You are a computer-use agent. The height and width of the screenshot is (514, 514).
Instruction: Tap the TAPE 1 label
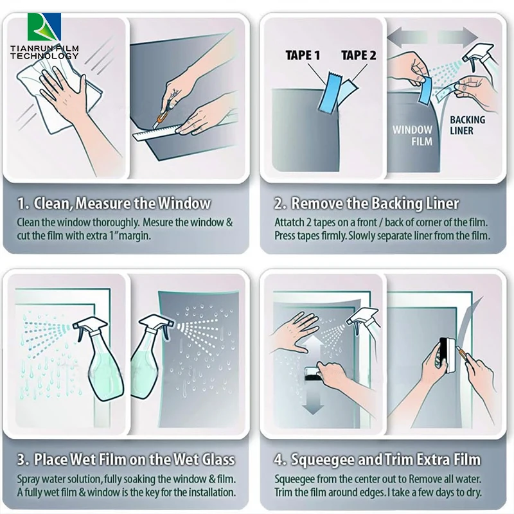[303, 55]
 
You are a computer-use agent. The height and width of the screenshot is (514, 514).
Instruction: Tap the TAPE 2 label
[359, 55]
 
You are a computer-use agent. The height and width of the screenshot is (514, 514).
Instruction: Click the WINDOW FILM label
[412, 135]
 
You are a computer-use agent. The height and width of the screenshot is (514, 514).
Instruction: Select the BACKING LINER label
[467, 125]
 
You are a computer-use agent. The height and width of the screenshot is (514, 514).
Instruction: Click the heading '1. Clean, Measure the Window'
[114, 204]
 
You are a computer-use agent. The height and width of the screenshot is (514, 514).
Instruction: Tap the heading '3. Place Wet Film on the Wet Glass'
[125, 459]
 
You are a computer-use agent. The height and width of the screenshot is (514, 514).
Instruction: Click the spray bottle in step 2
[479, 61]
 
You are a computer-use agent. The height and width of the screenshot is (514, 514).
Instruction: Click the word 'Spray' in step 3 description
[28, 479]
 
